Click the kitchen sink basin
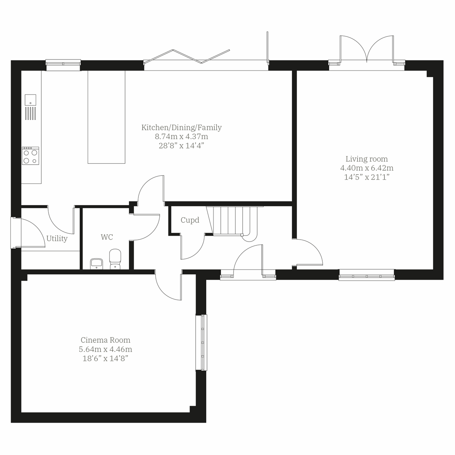30,100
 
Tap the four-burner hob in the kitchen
30,156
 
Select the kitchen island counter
106,117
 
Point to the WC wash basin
97,264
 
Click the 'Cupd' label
190,220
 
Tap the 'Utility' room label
57,238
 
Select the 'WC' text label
107,237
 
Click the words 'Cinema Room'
105,340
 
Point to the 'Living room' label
366,159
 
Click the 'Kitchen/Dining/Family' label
181,127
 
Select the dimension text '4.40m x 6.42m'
366,168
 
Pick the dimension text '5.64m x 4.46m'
106,349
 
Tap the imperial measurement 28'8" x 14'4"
181,145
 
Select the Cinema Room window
201,342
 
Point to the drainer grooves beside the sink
30,113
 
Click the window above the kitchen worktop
63,64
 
